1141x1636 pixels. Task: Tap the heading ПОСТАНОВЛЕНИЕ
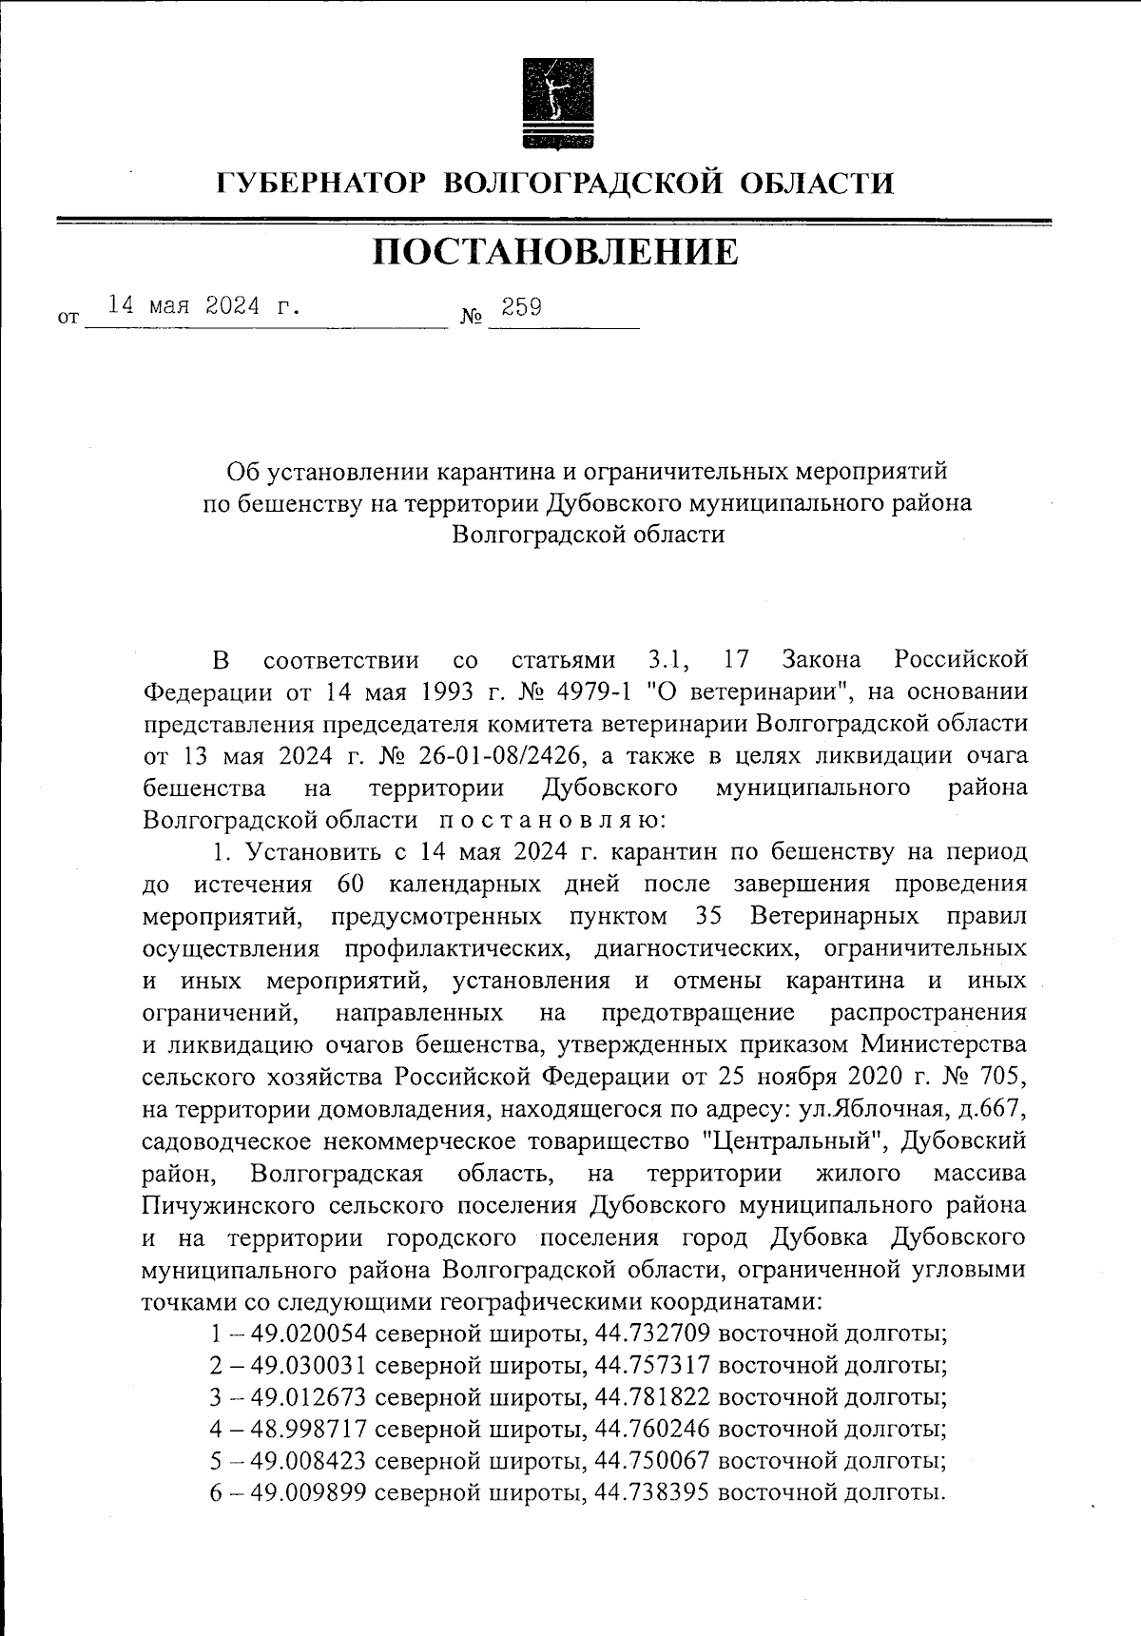pos(555,252)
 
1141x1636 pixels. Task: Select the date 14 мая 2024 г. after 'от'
pos(203,306)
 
